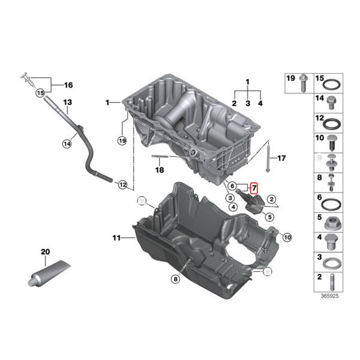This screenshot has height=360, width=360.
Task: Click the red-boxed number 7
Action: (253, 188)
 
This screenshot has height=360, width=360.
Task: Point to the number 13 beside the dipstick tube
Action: (67, 103)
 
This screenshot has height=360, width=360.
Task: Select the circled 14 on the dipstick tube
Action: (67, 143)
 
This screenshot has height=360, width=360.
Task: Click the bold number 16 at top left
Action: (67, 85)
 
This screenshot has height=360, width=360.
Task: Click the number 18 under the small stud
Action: (159, 170)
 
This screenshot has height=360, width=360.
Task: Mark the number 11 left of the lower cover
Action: (116, 238)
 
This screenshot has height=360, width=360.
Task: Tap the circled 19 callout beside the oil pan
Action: (122, 141)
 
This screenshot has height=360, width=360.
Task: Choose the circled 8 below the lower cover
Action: (175, 278)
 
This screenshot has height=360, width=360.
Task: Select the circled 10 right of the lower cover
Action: (287, 238)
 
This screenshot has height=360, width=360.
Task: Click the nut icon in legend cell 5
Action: (329, 224)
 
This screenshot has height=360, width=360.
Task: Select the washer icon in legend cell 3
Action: (329, 262)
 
